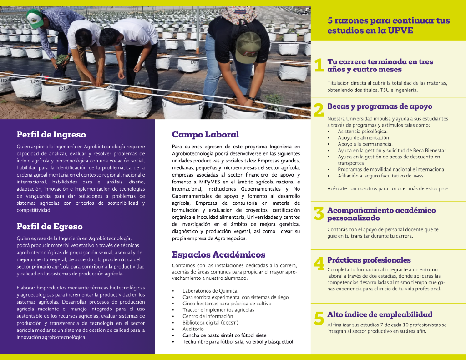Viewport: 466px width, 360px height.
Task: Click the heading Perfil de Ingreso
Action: click(51, 134)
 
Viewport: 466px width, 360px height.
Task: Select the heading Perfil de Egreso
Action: click(50, 226)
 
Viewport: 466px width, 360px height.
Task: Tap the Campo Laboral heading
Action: click(205, 134)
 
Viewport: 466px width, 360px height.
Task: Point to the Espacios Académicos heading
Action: click(218, 254)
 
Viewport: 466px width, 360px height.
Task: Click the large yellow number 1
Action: click(319, 66)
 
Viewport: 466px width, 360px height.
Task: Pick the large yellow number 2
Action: click(319, 110)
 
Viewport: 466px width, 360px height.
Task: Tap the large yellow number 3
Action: click(319, 214)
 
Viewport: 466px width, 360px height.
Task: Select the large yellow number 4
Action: click(319, 264)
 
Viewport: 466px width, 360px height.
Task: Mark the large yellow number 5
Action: click(319, 318)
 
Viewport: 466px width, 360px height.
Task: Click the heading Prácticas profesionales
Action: click(369, 260)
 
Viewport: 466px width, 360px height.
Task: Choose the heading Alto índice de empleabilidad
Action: click(380, 314)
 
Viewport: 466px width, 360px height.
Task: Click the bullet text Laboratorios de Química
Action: click(210, 291)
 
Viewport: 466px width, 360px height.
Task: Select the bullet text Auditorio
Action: click(193, 329)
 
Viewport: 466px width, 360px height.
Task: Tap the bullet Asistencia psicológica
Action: click(362, 132)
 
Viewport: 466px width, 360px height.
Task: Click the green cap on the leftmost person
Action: click(35, 18)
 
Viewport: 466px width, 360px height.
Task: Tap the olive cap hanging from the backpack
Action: click(248, 47)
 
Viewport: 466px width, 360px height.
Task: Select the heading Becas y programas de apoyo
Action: click(380, 106)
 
